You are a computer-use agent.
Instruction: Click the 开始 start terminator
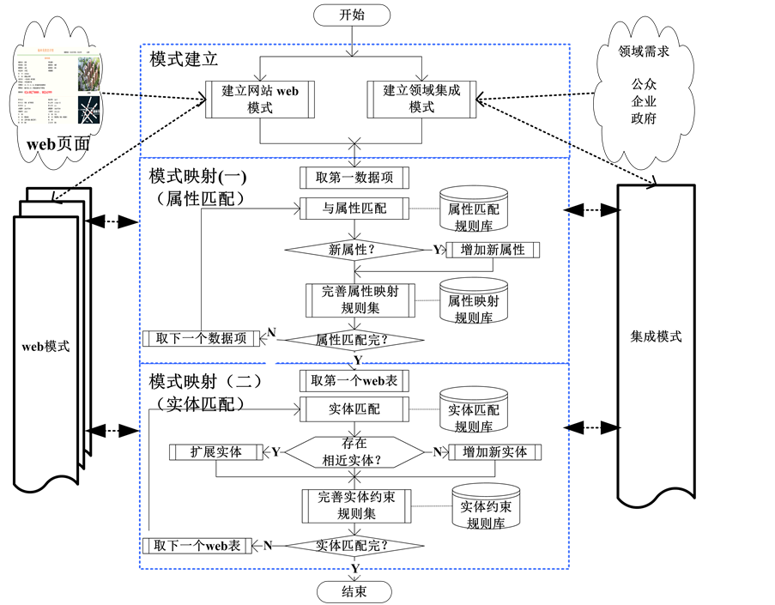coord(352,15)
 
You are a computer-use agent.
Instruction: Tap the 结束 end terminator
coord(354,592)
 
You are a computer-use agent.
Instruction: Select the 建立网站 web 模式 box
coord(260,100)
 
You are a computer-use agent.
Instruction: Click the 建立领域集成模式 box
coord(421,100)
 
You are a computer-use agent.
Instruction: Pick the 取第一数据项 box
coord(354,178)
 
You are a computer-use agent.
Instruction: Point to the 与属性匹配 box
coord(354,208)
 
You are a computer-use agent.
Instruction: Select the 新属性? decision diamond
coord(354,250)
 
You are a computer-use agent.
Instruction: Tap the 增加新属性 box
coord(492,250)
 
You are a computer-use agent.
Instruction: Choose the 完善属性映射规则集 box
coord(360,299)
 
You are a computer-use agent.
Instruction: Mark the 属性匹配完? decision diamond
coord(354,339)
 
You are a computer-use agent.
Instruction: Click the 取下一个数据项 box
coord(201,338)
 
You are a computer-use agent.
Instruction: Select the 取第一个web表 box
coord(354,380)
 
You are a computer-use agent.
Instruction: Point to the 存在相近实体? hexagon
coord(354,451)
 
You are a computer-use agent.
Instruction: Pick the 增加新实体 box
coord(493,451)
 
